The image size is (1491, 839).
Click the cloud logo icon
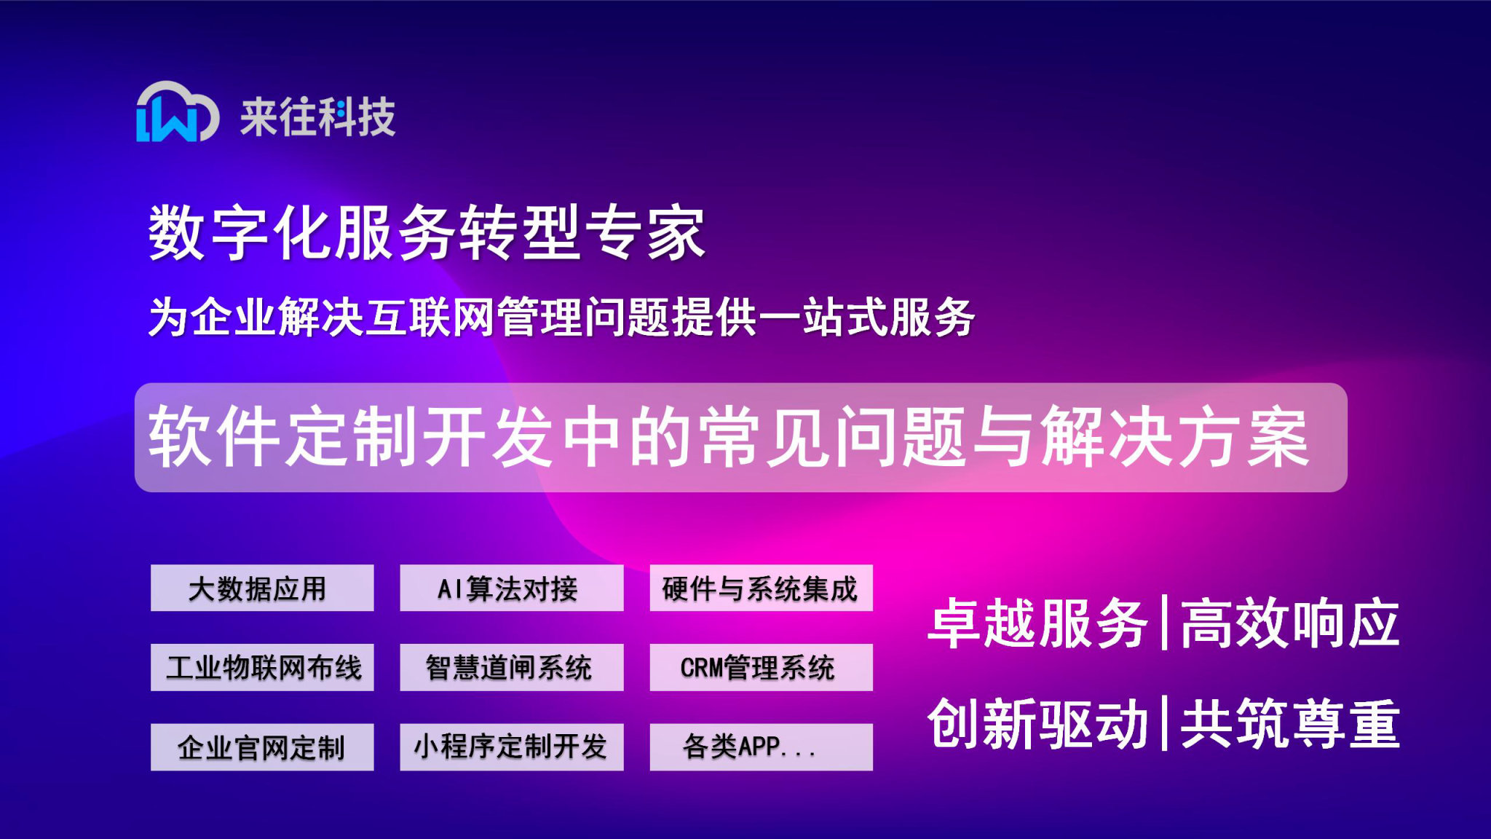coord(177,112)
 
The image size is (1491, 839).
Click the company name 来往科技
coord(318,117)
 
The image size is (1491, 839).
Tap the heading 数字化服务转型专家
coord(427,233)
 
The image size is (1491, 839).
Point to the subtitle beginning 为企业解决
coord(561,318)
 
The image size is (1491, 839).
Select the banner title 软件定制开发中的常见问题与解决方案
coord(728,437)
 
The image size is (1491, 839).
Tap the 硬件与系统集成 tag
coord(761,588)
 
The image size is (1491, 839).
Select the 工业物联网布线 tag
coord(262,667)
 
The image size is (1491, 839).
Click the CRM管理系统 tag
coord(761,667)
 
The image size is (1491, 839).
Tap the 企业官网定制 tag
coord(262,747)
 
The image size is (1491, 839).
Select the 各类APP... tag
coord(761,747)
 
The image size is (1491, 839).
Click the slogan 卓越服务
coord(1037,623)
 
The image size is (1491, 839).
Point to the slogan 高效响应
coord(1289,623)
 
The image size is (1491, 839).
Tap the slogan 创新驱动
coord(1037,723)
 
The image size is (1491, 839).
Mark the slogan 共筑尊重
coord(1289,723)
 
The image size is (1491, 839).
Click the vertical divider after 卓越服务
coord(1165,623)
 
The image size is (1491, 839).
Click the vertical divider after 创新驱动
coord(1165,723)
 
